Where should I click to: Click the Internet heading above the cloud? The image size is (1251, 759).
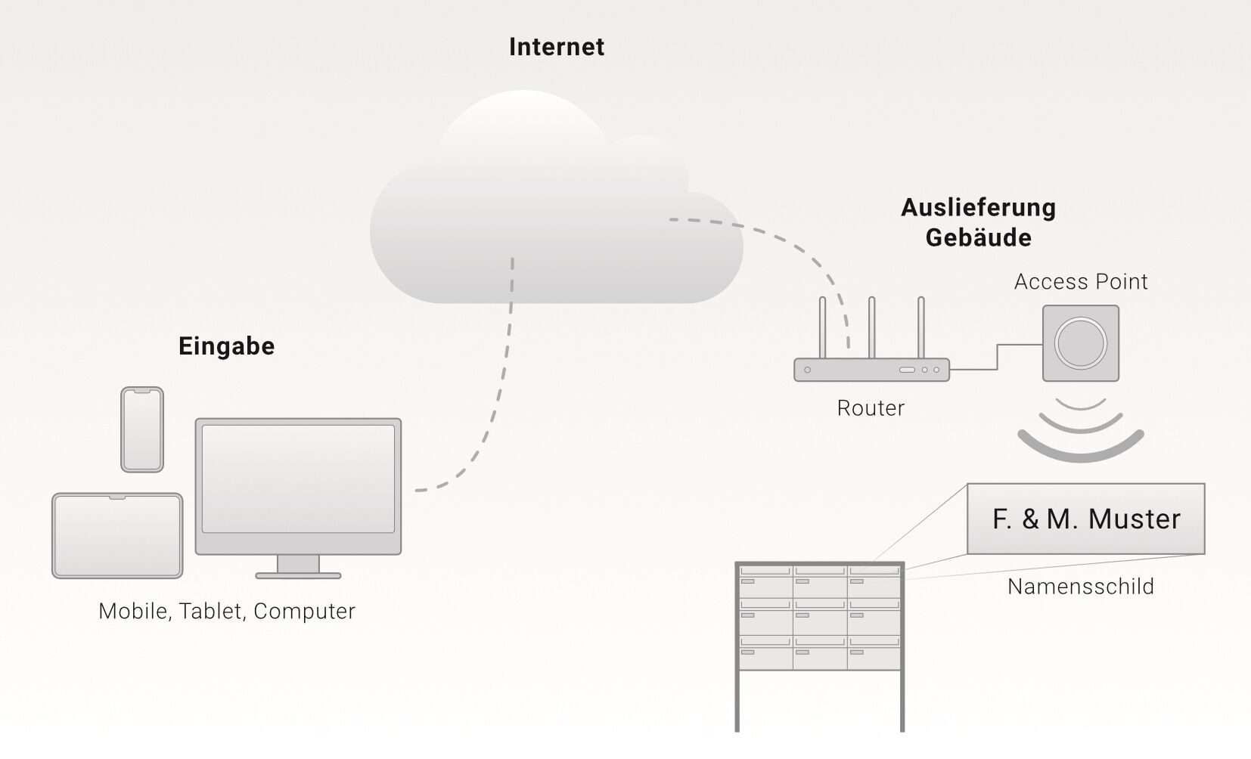point(557,47)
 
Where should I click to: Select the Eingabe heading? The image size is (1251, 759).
point(226,346)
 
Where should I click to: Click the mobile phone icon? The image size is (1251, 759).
point(142,429)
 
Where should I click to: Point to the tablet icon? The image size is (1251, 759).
point(117,536)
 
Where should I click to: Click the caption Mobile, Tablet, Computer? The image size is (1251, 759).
point(227,611)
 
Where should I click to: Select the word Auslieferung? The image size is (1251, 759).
point(978,207)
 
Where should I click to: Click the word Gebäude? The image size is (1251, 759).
point(978,237)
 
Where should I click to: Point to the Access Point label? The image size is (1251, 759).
point(1081,282)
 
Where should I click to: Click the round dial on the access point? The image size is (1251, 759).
point(1081,342)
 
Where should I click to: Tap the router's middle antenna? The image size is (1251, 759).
point(871,325)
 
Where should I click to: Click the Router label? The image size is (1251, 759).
point(871,408)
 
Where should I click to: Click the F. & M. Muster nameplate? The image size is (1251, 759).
point(1086,519)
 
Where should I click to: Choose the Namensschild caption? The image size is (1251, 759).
point(1081,587)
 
